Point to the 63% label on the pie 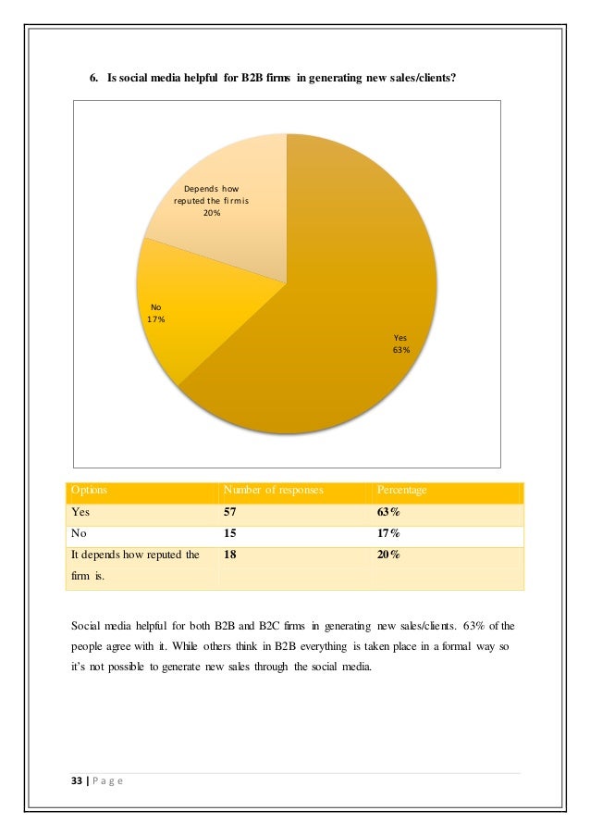(401, 350)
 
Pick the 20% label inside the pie (212, 213)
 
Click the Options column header (89, 490)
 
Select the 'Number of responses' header (274, 490)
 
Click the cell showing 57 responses (231, 511)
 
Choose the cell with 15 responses (231, 533)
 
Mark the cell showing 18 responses (231, 555)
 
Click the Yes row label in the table (80, 511)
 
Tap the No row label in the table (80, 533)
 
